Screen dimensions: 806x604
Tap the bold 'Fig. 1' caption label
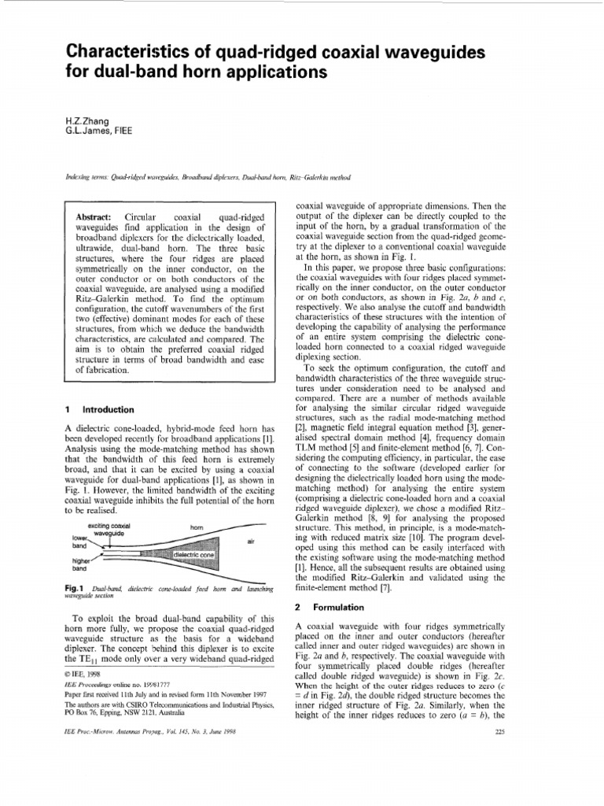[74, 589]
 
